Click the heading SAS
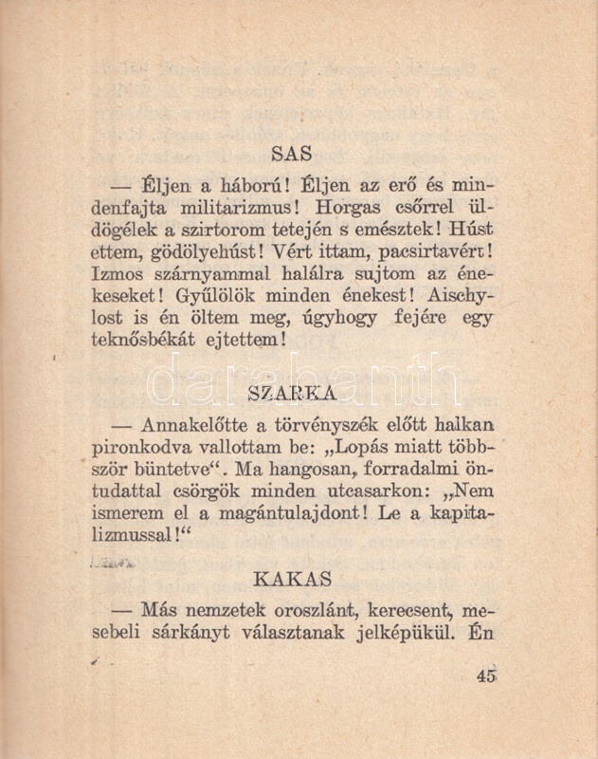coord(292,152)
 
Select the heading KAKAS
coord(292,577)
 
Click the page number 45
coord(488,676)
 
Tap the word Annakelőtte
coord(195,424)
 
